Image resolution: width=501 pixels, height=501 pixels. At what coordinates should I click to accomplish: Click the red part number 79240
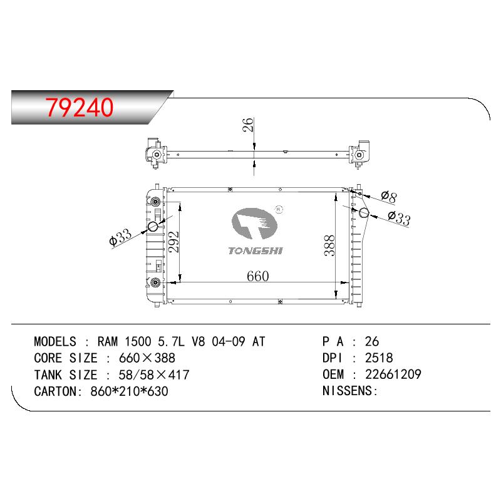tap(80, 107)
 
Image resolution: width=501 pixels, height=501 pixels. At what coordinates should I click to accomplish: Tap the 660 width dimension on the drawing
tap(258, 276)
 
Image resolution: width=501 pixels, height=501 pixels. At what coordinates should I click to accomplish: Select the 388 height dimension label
tap(329, 245)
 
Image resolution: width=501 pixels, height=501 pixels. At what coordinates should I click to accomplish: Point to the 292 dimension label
tap(174, 242)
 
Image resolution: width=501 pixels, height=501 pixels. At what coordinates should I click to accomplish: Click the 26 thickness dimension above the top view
tap(248, 125)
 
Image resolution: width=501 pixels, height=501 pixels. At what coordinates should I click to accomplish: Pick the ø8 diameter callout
tap(389, 197)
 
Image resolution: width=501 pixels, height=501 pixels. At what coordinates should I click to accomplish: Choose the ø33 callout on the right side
tap(399, 219)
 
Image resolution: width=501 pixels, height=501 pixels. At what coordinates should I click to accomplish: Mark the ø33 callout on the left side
tap(120, 237)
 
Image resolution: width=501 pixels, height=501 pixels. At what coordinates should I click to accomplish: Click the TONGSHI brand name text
tap(256, 251)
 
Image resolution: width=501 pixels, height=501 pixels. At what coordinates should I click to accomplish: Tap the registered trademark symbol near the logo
tap(279, 209)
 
